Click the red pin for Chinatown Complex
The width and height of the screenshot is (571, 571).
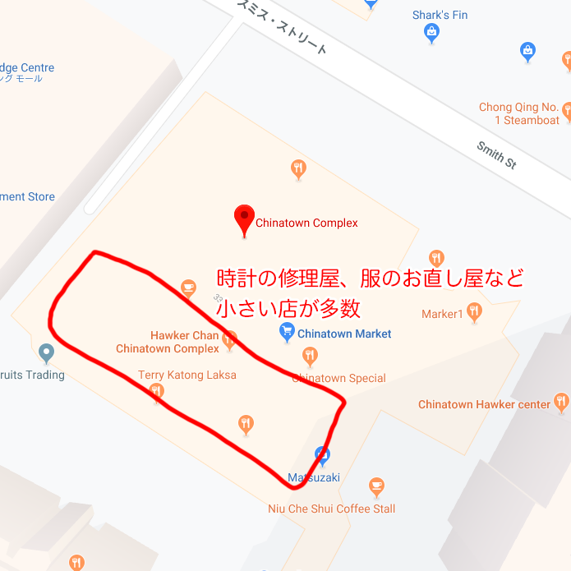pyautogui.click(x=244, y=219)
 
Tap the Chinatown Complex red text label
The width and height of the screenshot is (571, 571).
pyautogui.click(x=306, y=223)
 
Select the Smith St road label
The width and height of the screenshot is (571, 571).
pyautogui.click(x=496, y=155)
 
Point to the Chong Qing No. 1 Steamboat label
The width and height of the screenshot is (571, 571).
pyautogui.click(x=519, y=113)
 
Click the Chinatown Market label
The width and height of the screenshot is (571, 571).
pyautogui.click(x=344, y=334)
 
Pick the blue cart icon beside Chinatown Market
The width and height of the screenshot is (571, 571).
pyautogui.click(x=287, y=333)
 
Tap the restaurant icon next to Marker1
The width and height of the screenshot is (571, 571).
pyautogui.click(x=474, y=311)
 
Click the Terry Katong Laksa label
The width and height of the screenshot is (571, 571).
pyautogui.click(x=187, y=375)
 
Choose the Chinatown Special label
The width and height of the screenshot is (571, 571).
pyautogui.click(x=338, y=379)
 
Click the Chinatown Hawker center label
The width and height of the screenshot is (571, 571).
pyautogui.click(x=484, y=404)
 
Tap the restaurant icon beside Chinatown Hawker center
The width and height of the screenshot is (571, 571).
pyautogui.click(x=561, y=403)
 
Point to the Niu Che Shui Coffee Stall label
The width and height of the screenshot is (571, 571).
pyautogui.click(x=332, y=509)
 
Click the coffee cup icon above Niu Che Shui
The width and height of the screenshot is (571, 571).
pyautogui.click(x=376, y=486)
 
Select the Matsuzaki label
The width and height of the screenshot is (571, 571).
pyautogui.click(x=314, y=477)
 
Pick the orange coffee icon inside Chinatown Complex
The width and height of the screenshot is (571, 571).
pyautogui.click(x=188, y=288)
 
